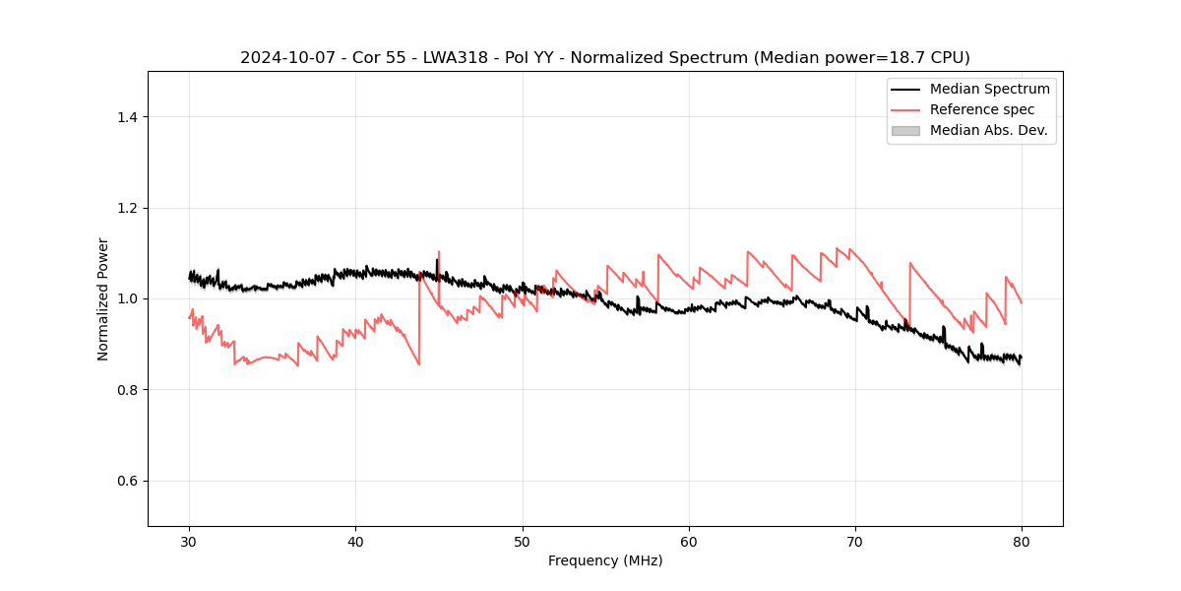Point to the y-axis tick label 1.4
pos(127,117)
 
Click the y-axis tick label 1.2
pos(127,208)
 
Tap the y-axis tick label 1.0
pos(127,298)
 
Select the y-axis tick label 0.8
pos(127,390)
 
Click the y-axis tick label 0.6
pos(127,481)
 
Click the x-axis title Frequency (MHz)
pos(605,560)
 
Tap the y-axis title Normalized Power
pos(103,298)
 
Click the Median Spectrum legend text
pos(989,89)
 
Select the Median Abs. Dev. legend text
pos(989,130)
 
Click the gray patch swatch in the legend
pos(905,130)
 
